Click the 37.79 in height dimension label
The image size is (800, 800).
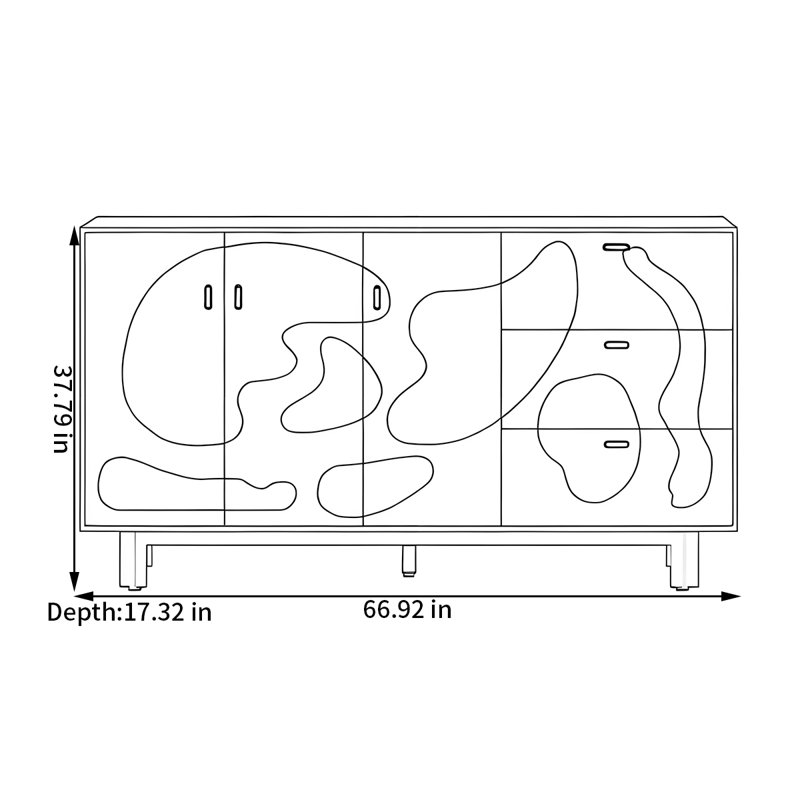(61, 409)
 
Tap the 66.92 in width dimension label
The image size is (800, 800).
(407, 610)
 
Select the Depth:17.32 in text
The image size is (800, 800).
(129, 612)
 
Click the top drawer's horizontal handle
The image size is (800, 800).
(616, 247)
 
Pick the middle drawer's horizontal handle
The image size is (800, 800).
(616, 345)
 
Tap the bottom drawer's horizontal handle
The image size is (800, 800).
(616, 444)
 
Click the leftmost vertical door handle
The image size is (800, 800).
(208, 297)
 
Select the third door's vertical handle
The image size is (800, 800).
(377, 297)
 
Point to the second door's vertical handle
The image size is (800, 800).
(238, 297)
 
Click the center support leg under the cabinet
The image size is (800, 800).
(408, 561)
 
